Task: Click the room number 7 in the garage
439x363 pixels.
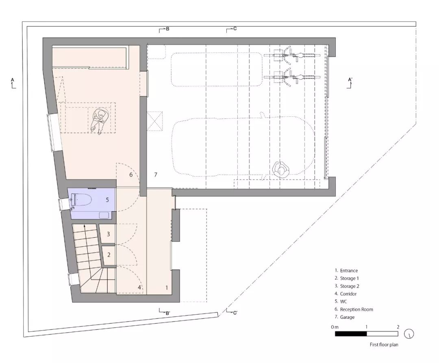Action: coord(155,175)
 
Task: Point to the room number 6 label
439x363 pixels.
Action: coord(131,175)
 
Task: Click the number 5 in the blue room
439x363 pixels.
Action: coord(107,200)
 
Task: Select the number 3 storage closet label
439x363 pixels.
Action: coord(109,234)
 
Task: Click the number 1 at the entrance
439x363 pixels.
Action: coord(167,287)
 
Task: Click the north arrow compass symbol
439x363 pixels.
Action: coord(409,334)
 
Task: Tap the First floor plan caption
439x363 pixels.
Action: coord(384,345)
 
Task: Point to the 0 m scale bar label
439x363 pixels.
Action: coord(335,327)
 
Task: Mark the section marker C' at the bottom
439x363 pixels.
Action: coord(232,313)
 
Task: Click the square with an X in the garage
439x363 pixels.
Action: coord(155,123)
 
